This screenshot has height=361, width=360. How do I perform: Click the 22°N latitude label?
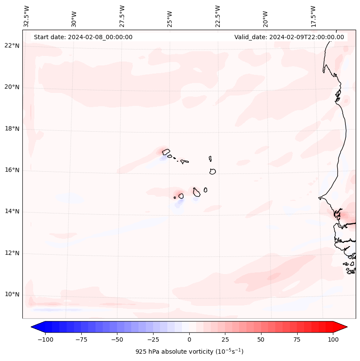pyautogui.click(x=12, y=46)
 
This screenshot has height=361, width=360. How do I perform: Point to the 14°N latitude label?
pyautogui.click(x=12, y=212)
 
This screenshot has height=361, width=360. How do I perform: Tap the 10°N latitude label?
pyautogui.click(x=12, y=295)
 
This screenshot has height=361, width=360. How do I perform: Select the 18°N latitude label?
pyautogui.click(x=12, y=129)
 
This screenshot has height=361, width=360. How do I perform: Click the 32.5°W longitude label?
pyautogui.click(x=27, y=16)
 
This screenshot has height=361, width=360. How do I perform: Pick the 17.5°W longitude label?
pyautogui.click(x=314, y=16)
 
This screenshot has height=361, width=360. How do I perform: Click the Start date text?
pyautogui.click(x=83, y=37)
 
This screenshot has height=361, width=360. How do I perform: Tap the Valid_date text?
pyautogui.click(x=289, y=37)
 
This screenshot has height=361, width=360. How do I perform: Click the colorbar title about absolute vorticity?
pyautogui.click(x=189, y=352)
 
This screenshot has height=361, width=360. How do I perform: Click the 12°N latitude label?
pyautogui.click(x=12, y=253)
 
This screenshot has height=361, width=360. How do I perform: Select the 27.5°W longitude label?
pyautogui.click(x=122, y=16)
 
